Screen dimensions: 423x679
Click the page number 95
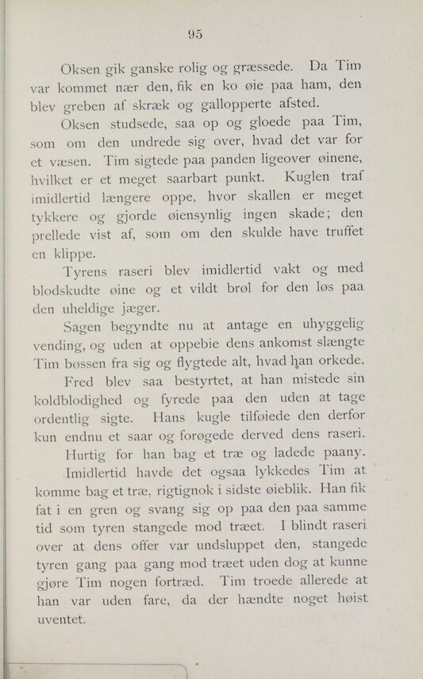pyautogui.click(x=196, y=33)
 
